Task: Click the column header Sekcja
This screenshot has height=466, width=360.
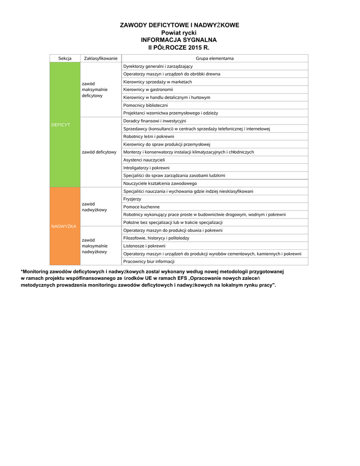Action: (x=65, y=58)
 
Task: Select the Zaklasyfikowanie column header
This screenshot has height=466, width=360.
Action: (x=101, y=58)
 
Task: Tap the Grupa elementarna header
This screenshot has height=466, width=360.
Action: (x=215, y=58)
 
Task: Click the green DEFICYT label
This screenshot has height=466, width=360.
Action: (x=61, y=124)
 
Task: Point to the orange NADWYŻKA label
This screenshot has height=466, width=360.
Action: (x=64, y=226)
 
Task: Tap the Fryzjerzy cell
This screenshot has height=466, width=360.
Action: (x=132, y=199)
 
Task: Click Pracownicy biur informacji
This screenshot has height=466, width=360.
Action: (x=149, y=261)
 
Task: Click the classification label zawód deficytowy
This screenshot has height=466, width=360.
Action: (x=99, y=152)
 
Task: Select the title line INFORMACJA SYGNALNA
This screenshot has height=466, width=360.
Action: (x=179, y=40)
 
